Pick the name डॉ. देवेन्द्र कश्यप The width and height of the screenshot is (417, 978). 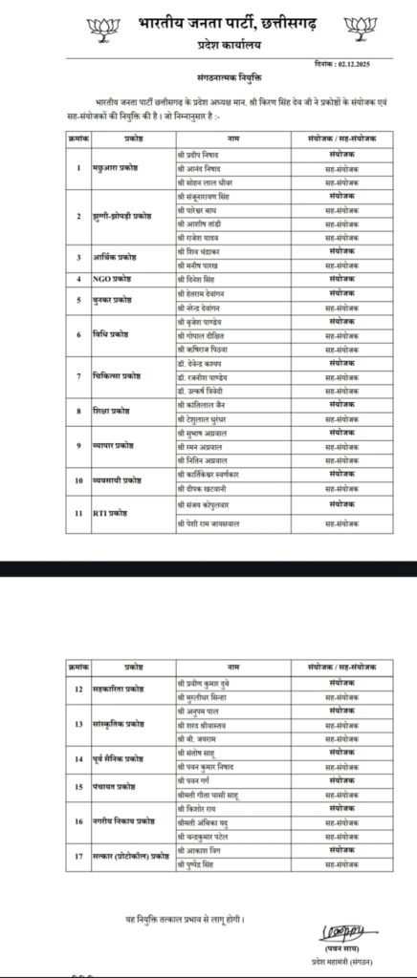point(207,364)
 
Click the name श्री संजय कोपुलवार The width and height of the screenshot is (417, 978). point(205,502)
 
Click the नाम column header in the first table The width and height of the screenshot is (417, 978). point(232,139)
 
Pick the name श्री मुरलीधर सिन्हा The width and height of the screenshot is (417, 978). point(208,695)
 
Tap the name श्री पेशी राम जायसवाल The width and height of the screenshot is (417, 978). point(212,524)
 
